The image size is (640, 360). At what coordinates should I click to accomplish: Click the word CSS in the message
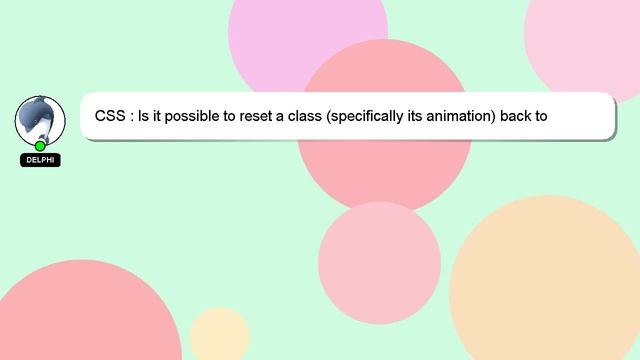point(110,115)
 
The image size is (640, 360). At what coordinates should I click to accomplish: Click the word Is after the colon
point(146,115)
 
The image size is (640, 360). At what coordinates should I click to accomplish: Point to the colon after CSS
point(132,116)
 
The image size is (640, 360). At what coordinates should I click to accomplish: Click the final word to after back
point(542,115)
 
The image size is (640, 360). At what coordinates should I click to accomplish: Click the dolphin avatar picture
point(40,119)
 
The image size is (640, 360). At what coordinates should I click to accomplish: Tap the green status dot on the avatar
point(40,146)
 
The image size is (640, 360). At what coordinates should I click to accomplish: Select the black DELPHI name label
point(40,160)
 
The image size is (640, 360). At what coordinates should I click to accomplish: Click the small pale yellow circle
point(219,336)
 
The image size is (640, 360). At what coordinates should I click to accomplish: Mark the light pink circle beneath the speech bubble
point(380,262)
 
